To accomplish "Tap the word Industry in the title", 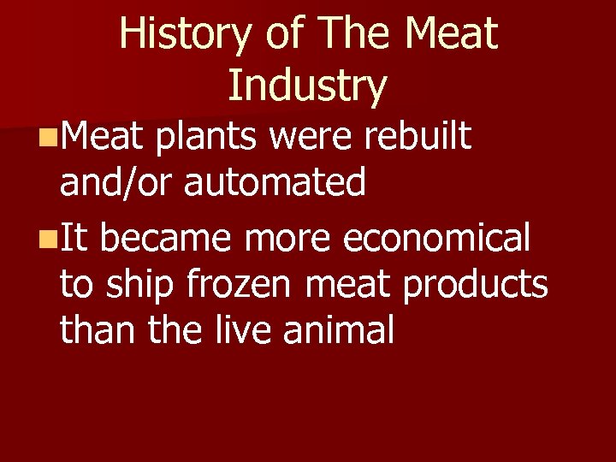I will pyautogui.click(x=307, y=85).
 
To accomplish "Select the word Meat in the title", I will pyautogui.click(x=451, y=33).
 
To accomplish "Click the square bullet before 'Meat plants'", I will pyautogui.click(x=50, y=136).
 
